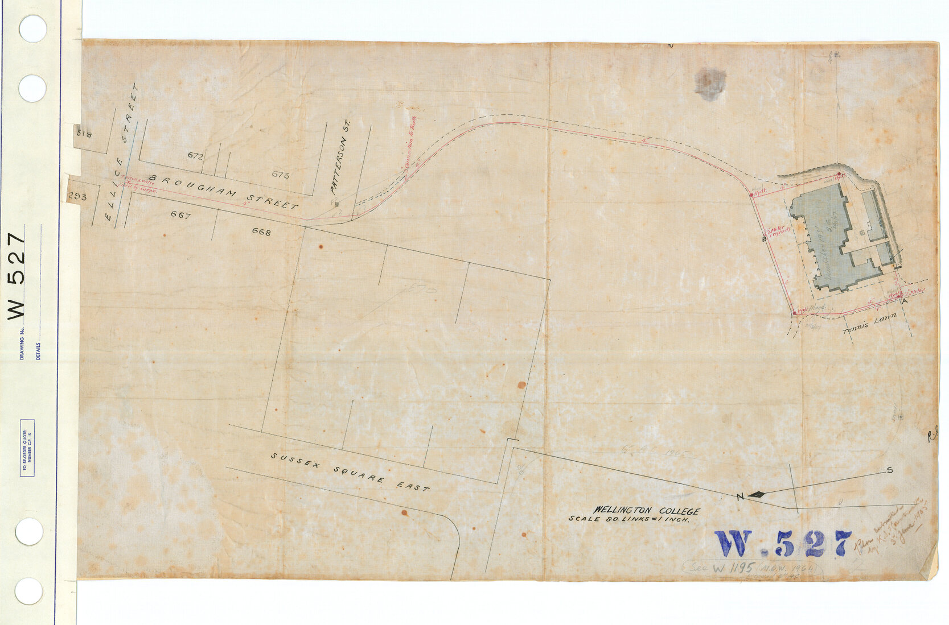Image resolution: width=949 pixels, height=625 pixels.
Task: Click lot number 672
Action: tap(195, 155)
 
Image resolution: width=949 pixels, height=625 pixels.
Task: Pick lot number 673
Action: tap(280, 175)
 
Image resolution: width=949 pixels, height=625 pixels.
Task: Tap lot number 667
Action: tap(180, 214)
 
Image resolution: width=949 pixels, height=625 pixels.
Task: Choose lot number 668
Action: tap(261, 232)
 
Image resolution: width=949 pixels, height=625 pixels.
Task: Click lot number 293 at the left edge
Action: tap(77, 197)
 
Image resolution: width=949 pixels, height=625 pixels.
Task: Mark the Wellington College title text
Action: tap(647, 511)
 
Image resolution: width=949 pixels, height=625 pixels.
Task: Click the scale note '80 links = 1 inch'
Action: tap(629, 519)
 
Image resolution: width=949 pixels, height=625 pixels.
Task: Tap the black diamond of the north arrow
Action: tap(757, 494)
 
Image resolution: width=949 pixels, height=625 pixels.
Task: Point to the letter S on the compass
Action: tap(889, 470)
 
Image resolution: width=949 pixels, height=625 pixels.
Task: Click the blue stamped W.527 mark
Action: tap(784, 544)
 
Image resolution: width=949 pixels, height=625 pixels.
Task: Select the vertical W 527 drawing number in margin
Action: tap(17, 276)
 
